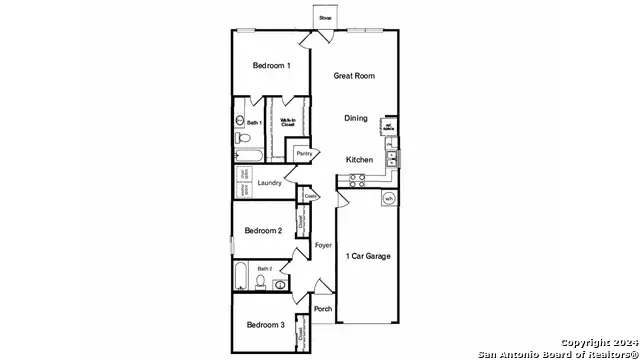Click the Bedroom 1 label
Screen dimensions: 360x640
pyautogui.click(x=272, y=66)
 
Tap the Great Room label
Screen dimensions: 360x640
pyautogui.click(x=354, y=75)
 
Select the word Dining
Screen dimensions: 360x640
pyautogui.click(x=356, y=118)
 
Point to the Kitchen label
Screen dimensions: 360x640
pyautogui.click(x=360, y=160)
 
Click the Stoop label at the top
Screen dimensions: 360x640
pyautogui.click(x=325, y=18)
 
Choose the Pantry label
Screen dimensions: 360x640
pyautogui.click(x=304, y=154)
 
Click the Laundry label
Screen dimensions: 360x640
pyautogui.click(x=269, y=183)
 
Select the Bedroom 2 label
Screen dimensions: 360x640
pyautogui.click(x=265, y=230)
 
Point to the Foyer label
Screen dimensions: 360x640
pyautogui.click(x=323, y=245)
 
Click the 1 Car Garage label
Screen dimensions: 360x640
pyautogui.click(x=368, y=256)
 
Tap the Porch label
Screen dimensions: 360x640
pyautogui.click(x=323, y=309)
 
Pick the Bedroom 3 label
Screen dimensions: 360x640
pyautogui.click(x=266, y=325)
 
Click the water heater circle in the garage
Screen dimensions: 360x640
pyautogui.click(x=387, y=199)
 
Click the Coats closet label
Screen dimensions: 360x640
pyautogui.click(x=311, y=197)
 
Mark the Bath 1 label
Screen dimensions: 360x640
pyautogui.click(x=255, y=123)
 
